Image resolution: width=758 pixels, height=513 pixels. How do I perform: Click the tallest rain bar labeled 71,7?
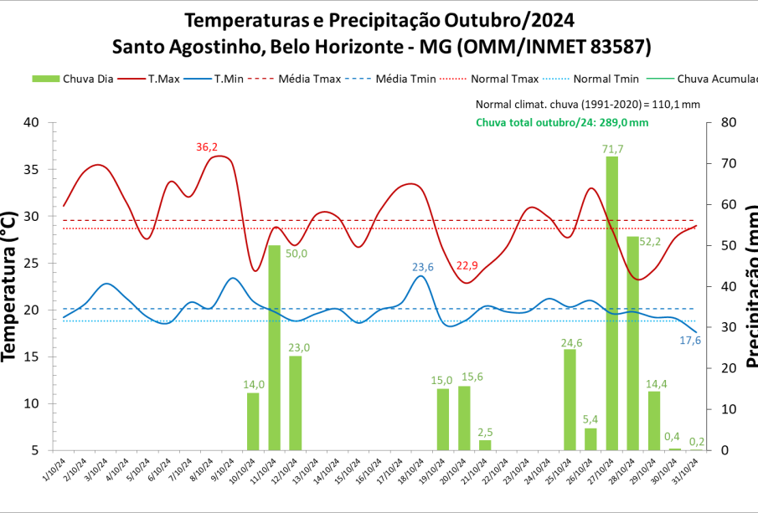click(612, 303)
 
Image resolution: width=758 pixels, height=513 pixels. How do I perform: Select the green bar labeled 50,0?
click(274, 347)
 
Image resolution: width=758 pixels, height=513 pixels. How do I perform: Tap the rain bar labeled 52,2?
click(633, 343)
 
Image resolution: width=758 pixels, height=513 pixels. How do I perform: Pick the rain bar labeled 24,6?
click(570, 399)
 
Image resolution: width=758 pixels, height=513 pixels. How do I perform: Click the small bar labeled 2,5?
click(485, 445)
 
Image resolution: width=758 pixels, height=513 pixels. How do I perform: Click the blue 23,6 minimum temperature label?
click(423, 268)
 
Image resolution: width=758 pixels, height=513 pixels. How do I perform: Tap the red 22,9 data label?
click(467, 266)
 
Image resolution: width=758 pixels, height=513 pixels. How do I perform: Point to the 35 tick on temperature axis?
click(31, 169)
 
